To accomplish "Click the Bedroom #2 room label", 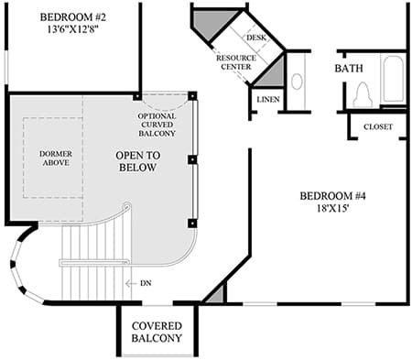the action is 73,17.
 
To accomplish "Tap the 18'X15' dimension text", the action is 332,209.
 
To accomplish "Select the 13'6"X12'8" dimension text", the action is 73,29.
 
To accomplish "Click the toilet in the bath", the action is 363,95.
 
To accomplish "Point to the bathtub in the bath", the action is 394,80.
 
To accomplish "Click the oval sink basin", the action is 297,82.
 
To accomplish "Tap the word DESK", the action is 256,38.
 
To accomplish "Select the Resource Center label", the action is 236,62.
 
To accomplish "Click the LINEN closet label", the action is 268,100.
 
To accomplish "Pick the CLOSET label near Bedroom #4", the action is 378,126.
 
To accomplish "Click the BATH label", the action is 349,68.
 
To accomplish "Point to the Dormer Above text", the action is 56,158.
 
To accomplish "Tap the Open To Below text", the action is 138,161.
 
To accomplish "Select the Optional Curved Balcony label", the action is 157,125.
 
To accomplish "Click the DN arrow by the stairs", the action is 131,284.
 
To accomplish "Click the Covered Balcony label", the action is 157,332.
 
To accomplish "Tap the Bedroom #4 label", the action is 332,196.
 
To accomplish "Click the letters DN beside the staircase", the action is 146,283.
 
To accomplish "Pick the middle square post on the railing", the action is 192,160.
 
